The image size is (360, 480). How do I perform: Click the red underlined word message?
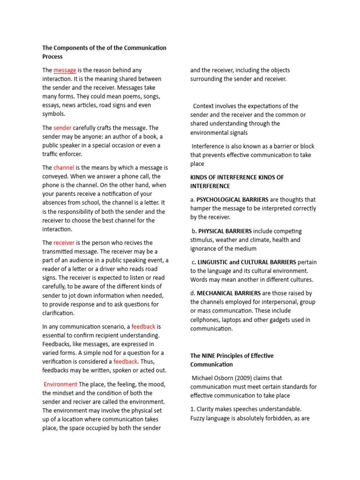tap(65, 70)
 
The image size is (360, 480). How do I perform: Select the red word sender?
tap(62, 128)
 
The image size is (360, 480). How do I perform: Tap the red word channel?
tap(64, 168)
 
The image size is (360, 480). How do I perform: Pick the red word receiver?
tap(64, 243)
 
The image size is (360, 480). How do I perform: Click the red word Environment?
tap(60, 384)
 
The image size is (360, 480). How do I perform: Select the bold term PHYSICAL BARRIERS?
tap(225, 231)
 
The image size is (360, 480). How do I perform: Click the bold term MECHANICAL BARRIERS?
tap(228, 293)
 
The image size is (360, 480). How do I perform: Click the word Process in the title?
tap(52, 57)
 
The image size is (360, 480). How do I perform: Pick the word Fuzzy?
tap(199, 418)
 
